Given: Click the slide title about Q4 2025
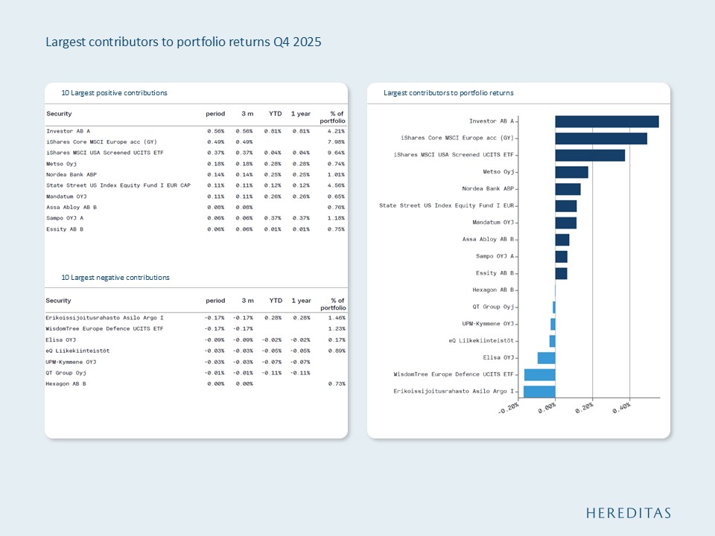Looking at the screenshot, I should click(183, 42).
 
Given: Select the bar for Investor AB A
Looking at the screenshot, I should click(606, 121).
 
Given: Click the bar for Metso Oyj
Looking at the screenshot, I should click(571, 172).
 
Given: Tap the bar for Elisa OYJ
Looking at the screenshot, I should click(547, 357).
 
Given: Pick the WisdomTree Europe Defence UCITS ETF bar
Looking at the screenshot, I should click(540, 374).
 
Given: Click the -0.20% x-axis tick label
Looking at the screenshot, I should click(509, 408).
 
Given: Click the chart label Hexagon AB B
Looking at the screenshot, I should click(492, 290).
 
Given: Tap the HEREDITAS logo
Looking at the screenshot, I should click(628, 513).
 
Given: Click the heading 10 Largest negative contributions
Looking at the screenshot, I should click(115, 278).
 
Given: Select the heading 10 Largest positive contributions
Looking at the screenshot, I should click(114, 93).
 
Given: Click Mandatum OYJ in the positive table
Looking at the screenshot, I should click(66, 197).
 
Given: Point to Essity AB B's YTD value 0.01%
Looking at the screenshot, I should click(273, 229).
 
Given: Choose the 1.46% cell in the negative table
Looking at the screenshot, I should click(336, 318).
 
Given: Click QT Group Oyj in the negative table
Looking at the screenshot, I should click(66, 372).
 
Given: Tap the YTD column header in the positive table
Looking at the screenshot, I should click(276, 114).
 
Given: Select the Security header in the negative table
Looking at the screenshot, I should click(59, 301).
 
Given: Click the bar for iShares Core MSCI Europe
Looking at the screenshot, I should click(600, 138).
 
